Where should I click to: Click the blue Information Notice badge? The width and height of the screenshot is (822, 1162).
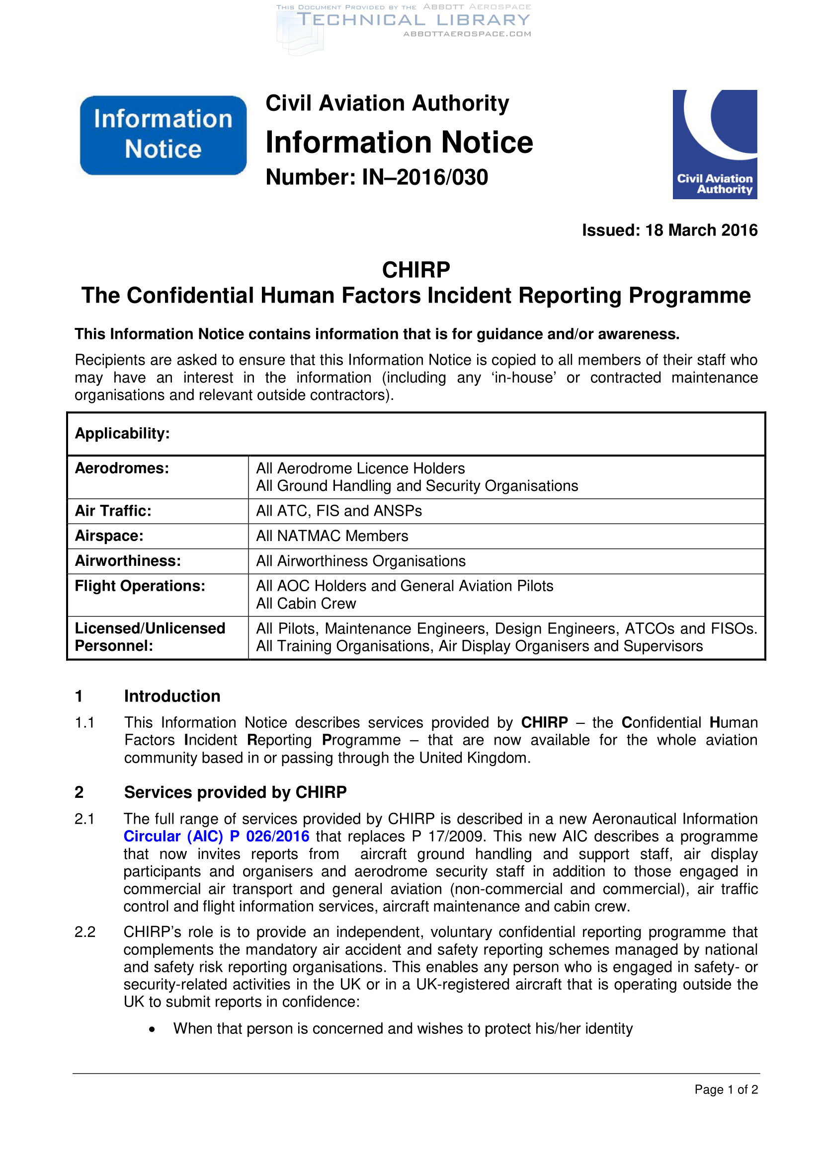point(163,135)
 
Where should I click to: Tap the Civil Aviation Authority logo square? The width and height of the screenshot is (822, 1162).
point(714,144)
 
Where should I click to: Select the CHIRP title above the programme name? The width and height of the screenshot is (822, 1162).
point(415,270)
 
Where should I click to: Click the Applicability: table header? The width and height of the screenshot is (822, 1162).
point(122,433)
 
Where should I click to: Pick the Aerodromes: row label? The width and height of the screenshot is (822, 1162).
point(122,468)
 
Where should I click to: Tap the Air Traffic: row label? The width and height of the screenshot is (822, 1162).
point(113,511)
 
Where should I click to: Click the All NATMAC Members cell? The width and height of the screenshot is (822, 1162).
point(332,536)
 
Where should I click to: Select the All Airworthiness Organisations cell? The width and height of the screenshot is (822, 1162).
point(360,561)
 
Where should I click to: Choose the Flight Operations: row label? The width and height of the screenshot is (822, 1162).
point(140,586)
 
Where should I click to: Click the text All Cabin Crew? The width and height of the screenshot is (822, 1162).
point(306,603)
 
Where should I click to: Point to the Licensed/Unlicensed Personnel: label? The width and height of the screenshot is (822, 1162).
point(150,637)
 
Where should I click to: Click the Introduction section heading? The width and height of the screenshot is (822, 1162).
point(172,696)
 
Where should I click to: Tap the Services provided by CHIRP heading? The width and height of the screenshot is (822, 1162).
point(236,792)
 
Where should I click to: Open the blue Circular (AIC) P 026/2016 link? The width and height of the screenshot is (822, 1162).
point(216,836)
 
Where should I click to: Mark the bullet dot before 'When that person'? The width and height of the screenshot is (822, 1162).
point(152,1029)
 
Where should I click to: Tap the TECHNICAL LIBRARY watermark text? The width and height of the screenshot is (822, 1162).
point(413,20)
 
